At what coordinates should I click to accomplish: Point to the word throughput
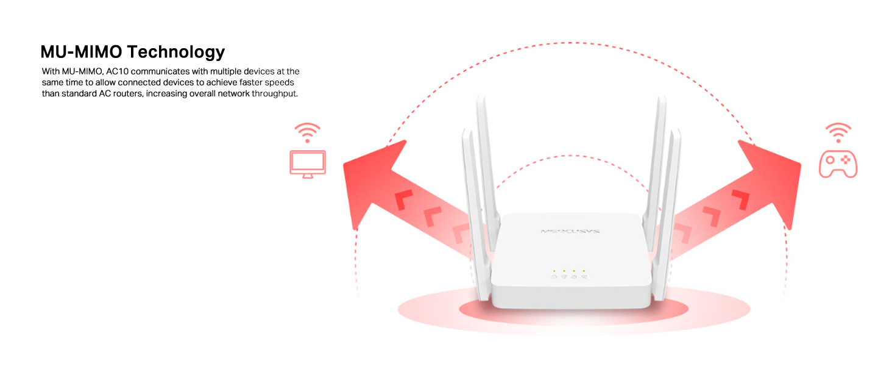[x=274, y=94]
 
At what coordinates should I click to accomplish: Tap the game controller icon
[x=838, y=164]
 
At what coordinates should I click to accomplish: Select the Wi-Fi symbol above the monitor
[x=308, y=132]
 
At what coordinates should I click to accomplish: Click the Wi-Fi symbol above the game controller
[x=838, y=132]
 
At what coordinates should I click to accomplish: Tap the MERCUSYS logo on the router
[x=570, y=232]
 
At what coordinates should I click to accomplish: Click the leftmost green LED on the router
[x=554, y=270]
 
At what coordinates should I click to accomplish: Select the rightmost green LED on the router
[x=584, y=270]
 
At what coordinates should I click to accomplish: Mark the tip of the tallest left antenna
[x=480, y=98]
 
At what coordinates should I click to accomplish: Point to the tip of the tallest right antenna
[x=660, y=98]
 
